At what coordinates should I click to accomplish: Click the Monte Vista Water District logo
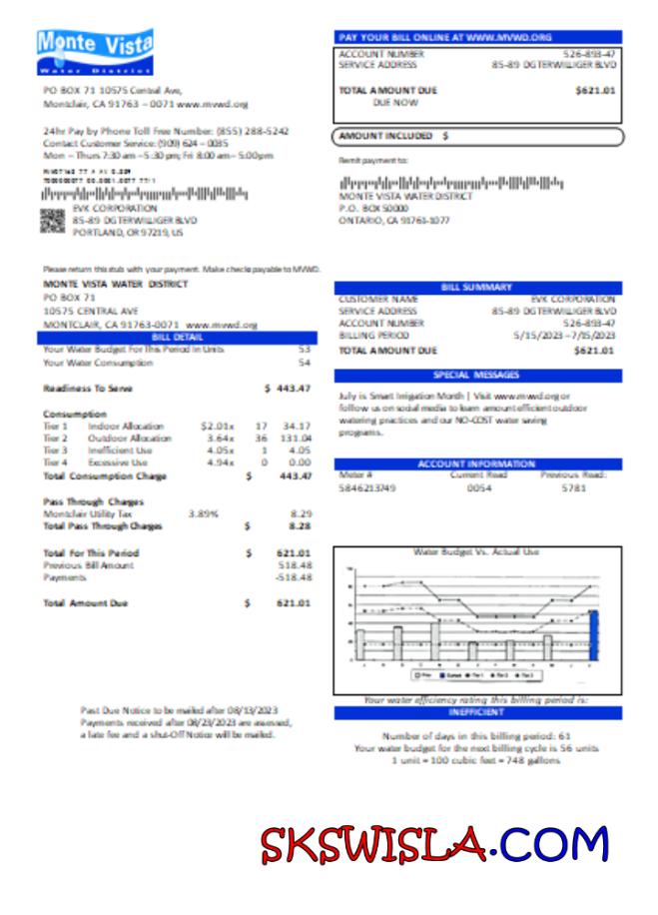click(94, 53)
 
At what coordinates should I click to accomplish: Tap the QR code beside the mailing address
click(52, 221)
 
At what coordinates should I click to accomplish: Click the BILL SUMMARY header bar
click(477, 288)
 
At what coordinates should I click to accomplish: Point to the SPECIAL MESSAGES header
click(477, 376)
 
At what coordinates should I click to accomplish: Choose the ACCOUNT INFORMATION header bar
click(477, 464)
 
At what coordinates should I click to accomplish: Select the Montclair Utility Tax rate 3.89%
click(204, 512)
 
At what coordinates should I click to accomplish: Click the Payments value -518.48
click(294, 577)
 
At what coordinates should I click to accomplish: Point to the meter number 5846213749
click(366, 488)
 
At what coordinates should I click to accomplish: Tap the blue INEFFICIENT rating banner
click(477, 713)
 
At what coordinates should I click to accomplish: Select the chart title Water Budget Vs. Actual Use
click(476, 551)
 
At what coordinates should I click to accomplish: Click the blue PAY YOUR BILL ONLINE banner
click(477, 36)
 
